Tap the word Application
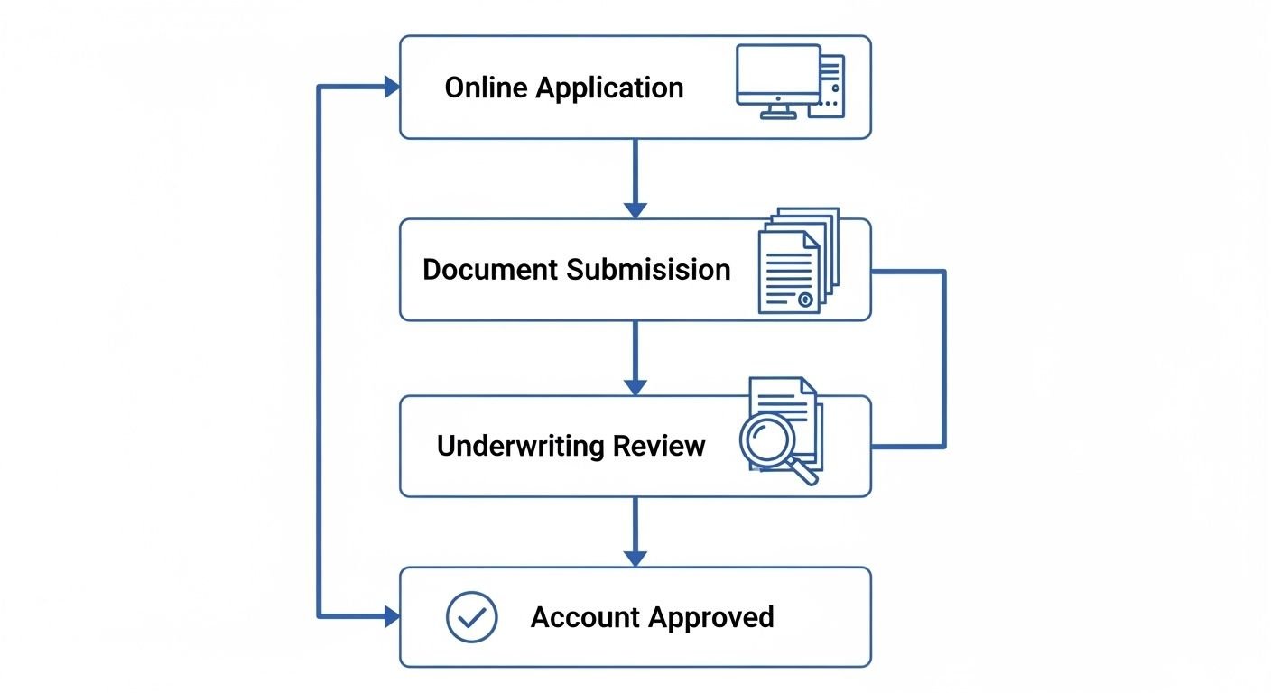[609, 88]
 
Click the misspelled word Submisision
[649, 269]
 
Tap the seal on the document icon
[805, 300]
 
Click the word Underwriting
[520, 446]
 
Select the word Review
[660, 446]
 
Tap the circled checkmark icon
[472, 617]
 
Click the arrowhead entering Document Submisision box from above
[635, 209]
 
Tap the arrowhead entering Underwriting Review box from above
[635, 386]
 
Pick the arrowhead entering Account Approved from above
[635, 559]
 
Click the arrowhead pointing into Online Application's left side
[391, 87]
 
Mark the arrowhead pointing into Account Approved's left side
[391, 617]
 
